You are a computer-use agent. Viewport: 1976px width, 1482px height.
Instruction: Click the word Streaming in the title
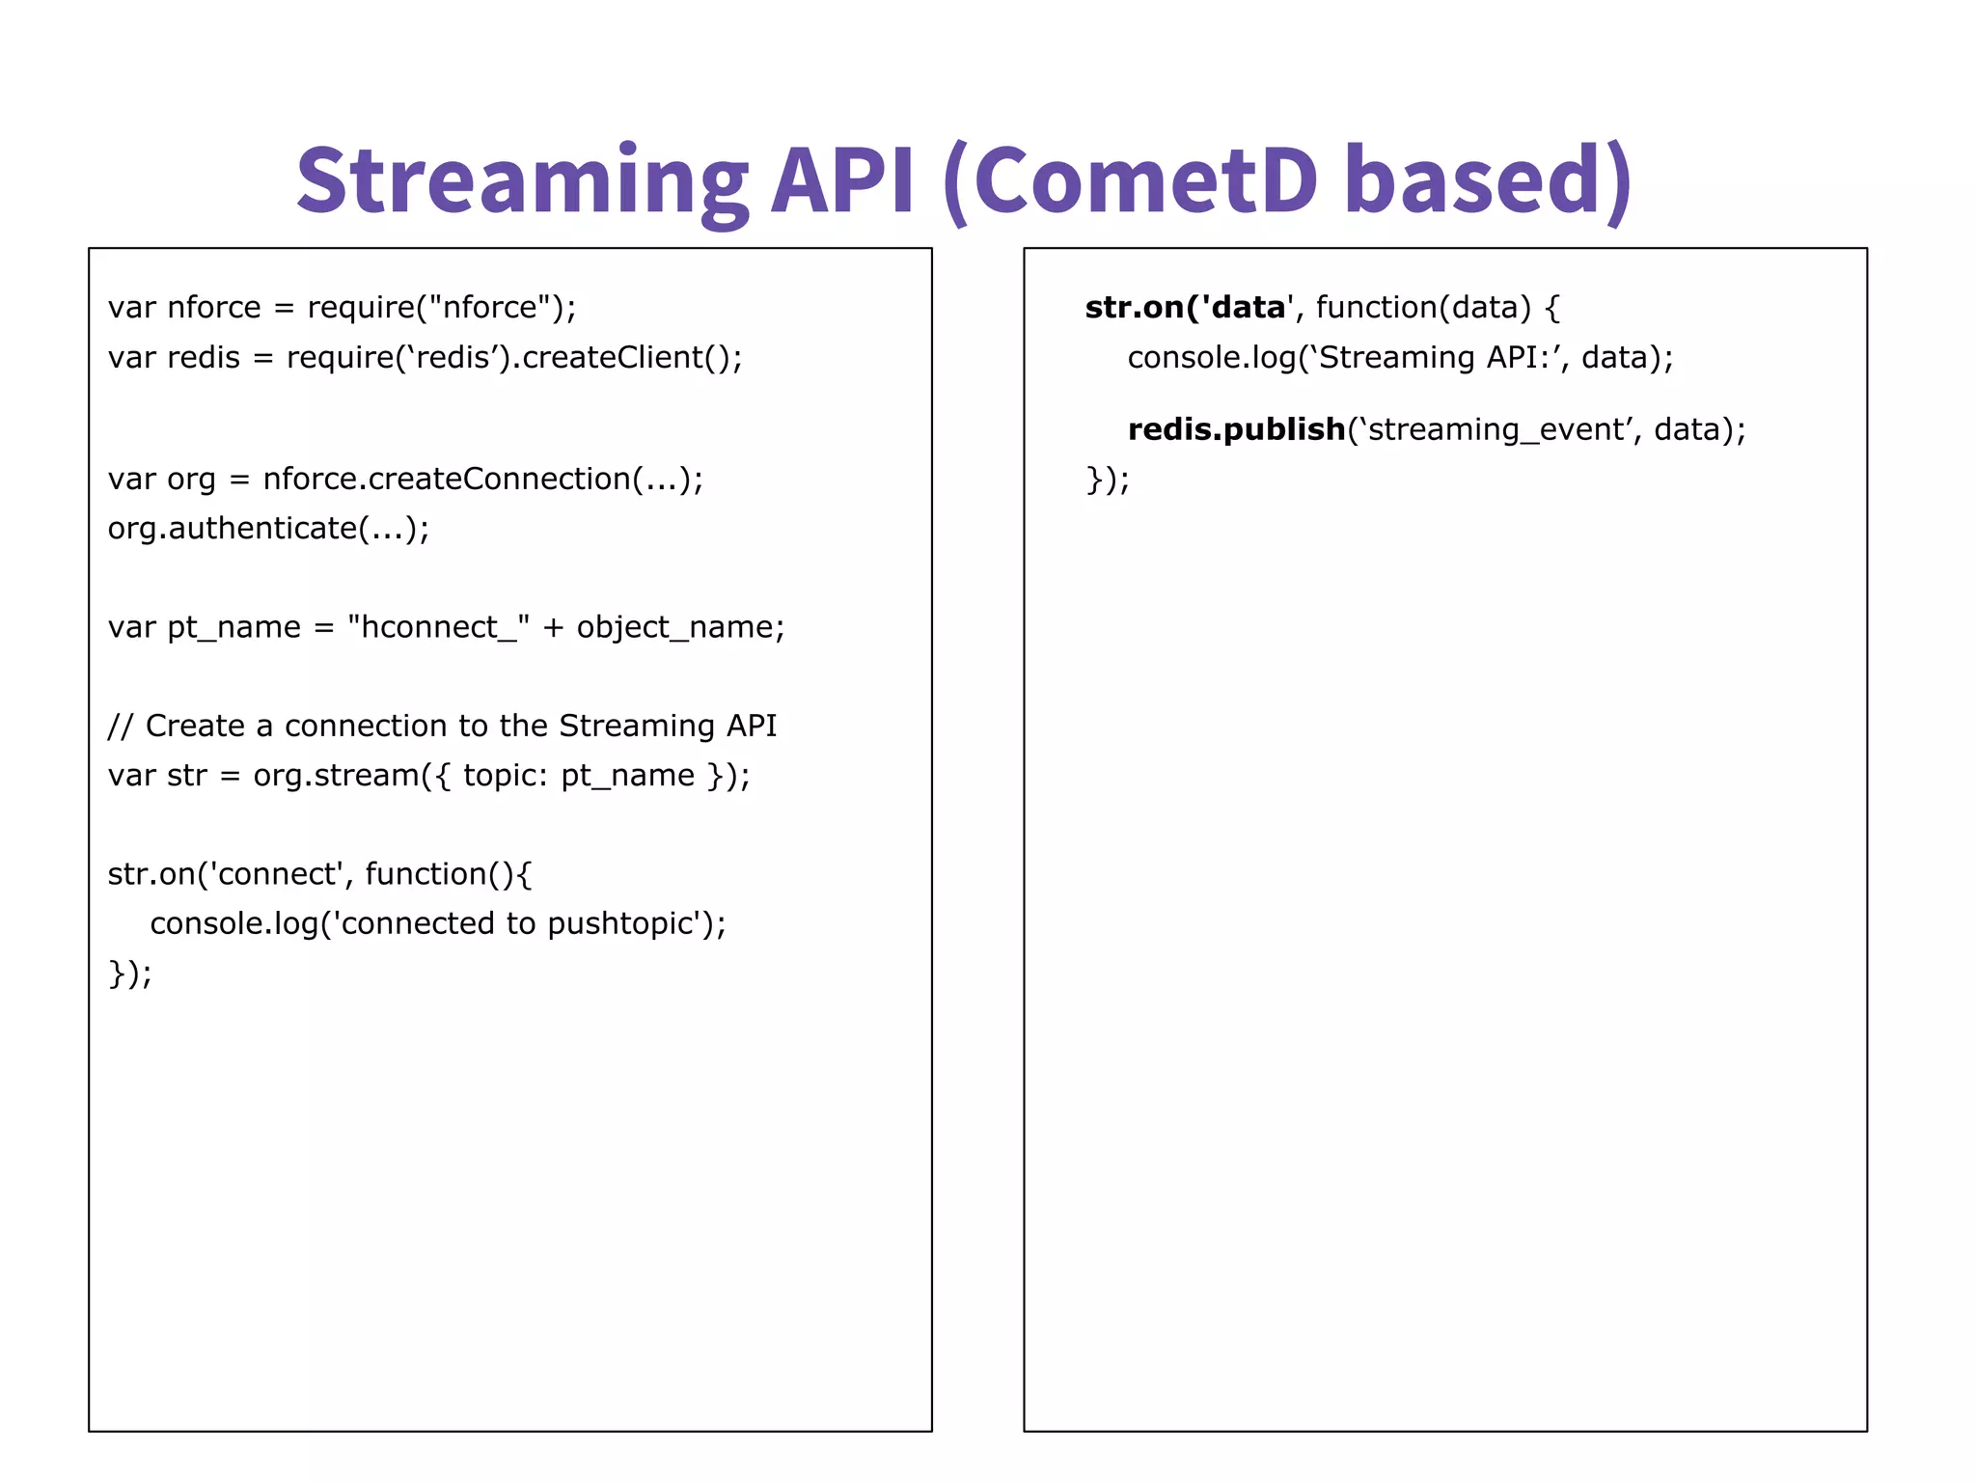(x=521, y=181)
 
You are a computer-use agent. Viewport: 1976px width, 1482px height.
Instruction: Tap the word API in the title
(x=841, y=181)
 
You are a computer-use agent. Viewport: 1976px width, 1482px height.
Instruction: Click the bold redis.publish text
(x=1236, y=429)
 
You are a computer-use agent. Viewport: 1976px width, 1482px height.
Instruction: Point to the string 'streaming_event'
(x=1496, y=429)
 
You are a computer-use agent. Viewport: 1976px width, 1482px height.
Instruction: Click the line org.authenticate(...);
(x=268, y=529)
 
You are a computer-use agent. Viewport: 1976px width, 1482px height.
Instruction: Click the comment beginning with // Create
(x=442, y=726)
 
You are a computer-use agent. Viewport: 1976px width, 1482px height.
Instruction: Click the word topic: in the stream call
(x=506, y=776)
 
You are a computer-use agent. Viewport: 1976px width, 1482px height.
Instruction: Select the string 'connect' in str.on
(x=275, y=874)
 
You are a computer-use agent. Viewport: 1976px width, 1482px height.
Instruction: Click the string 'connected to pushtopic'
(x=519, y=924)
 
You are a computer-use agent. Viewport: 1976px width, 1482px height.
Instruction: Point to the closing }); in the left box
(x=130, y=974)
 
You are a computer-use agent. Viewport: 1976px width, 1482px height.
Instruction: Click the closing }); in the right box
(x=1108, y=480)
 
